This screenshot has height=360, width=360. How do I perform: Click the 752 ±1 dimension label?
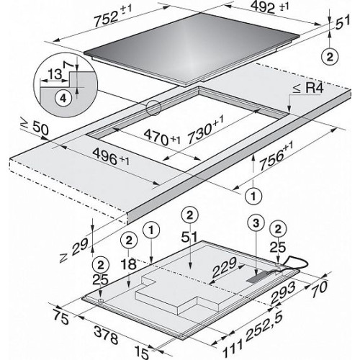pos(112,15)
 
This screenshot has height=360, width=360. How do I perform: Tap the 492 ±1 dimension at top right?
pos(269,7)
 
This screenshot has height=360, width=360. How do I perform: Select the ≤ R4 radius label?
pos(308,89)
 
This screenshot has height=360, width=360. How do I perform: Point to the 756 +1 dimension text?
pos(276,157)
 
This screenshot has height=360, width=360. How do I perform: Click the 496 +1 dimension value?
pos(111,156)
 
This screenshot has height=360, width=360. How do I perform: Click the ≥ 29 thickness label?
pos(74,250)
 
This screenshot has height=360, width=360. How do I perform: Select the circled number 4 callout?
pos(63,99)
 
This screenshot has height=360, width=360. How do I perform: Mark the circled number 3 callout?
pos(256,223)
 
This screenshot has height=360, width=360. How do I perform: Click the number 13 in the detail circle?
pos(55,75)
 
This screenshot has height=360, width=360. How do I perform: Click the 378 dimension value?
pos(107,335)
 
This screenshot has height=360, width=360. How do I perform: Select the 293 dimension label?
pos(283,292)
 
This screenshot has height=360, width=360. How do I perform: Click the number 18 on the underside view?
pos(129,264)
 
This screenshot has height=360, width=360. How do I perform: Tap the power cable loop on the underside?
pos(294,264)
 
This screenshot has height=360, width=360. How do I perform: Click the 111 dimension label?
pos(232,348)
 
